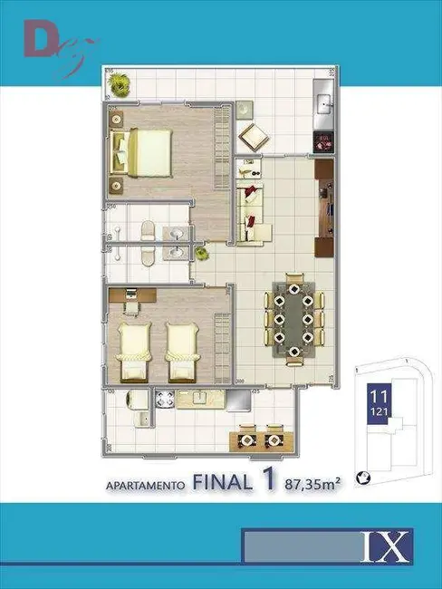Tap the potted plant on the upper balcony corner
click(120, 84)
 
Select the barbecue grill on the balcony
click(324, 141)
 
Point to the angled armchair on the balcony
click(253, 138)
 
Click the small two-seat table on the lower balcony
click(261, 439)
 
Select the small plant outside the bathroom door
click(200, 255)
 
